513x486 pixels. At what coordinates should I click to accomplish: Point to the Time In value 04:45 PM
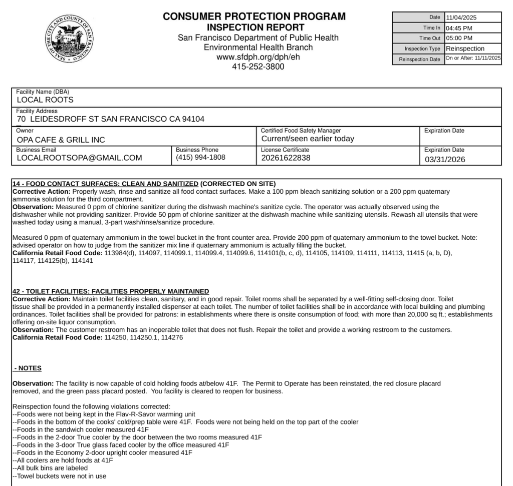[459, 28]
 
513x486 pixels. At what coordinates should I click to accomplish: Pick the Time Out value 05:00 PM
[459, 39]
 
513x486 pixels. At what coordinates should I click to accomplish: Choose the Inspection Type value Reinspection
[465, 49]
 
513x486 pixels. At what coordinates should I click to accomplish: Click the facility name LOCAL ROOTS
[45, 100]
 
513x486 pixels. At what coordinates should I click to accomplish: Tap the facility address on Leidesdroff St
[110, 119]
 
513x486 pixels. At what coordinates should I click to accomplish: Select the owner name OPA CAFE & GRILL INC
[61, 140]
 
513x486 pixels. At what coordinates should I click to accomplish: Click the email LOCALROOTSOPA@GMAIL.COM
[79, 158]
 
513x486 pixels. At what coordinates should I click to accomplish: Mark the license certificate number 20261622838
[286, 158]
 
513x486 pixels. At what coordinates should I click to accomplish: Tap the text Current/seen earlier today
[308, 139]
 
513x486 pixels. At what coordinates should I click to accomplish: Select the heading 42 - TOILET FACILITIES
[110, 291]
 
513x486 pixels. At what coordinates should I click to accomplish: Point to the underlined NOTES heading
[28, 368]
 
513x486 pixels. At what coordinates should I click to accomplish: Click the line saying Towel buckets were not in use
[59, 476]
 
